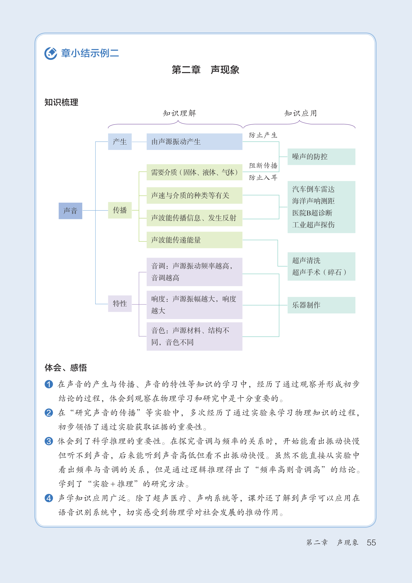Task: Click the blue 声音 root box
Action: (70, 211)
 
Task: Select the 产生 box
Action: (120, 141)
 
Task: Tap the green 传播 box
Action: (120, 210)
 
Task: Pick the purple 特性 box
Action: (120, 303)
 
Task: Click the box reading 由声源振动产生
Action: (194, 141)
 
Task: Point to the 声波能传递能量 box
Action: (194, 240)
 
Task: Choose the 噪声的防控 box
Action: (321, 156)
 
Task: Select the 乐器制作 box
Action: (321, 305)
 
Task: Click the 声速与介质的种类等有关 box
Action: (194, 195)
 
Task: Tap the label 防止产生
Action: (263, 135)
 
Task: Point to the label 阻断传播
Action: (263, 166)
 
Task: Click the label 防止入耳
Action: (263, 177)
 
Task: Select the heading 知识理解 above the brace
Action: (179, 113)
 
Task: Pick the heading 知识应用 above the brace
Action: (300, 113)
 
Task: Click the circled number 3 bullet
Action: (49, 441)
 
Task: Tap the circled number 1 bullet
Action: (49, 384)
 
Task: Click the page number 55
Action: (371, 542)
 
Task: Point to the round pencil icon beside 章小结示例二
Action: (51, 53)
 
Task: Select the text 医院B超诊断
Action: (312, 213)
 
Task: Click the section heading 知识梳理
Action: (61, 102)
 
